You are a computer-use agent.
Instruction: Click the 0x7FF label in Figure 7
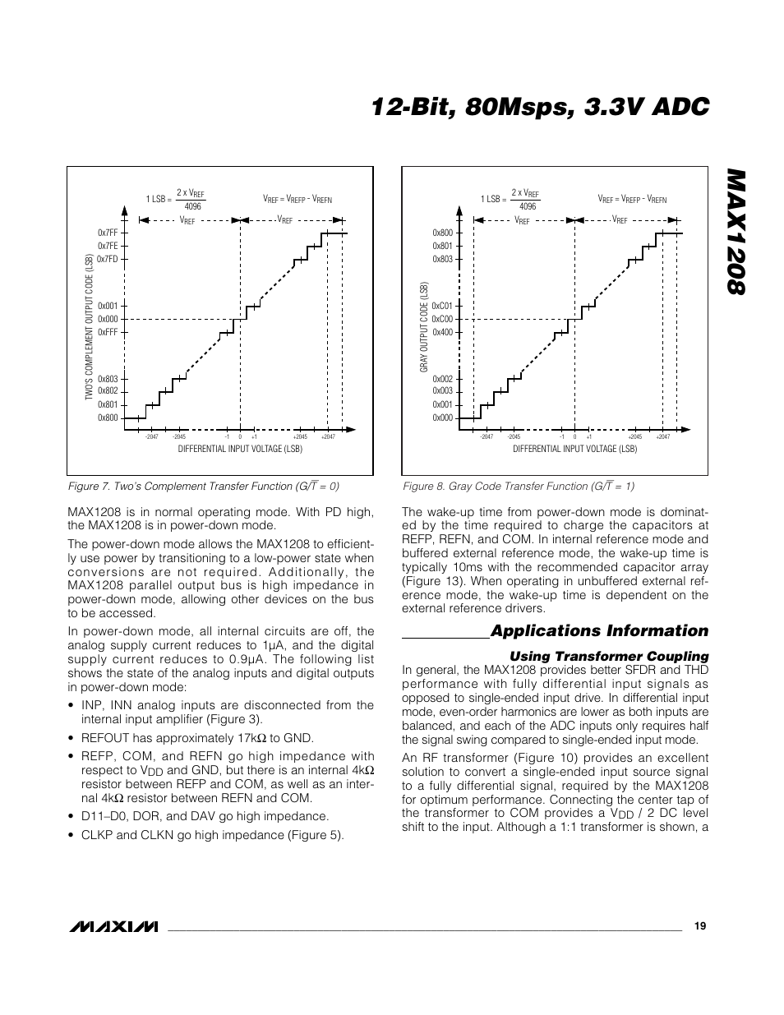point(108,233)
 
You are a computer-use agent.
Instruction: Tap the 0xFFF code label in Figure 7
point(108,332)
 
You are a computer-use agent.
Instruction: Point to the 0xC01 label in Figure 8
point(443,306)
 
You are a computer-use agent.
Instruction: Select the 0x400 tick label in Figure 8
point(443,332)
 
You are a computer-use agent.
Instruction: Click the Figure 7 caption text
point(203,486)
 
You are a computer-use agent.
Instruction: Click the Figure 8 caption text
point(518,486)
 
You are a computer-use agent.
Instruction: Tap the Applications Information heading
point(599,630)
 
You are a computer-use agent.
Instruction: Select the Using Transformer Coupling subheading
point(609,656)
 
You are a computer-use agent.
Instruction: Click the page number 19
point(700,925)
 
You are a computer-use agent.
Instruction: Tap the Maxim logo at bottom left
point(113,926)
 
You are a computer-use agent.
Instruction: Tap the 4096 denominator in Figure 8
point(528,206)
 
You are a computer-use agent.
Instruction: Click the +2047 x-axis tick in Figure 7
point(328,436)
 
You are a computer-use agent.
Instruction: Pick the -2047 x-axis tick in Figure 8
point(487,436)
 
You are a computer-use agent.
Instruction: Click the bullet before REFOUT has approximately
point(71,738)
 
